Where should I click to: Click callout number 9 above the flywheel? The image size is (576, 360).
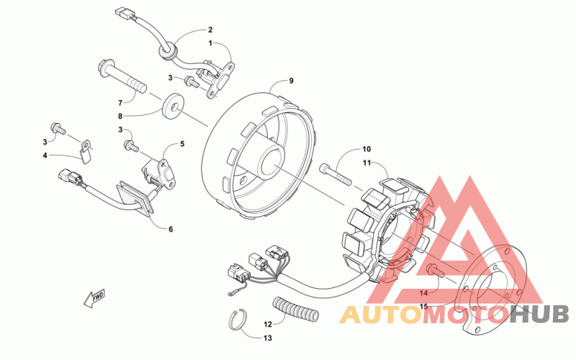coord(292,80)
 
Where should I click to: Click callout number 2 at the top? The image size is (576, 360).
coord(210,30)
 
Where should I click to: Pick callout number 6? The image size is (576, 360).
coord(171,230)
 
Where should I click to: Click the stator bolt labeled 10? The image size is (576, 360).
coord(330,174)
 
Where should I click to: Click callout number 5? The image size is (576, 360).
coord(182,144)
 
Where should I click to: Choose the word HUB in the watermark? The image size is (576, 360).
coord(539,314)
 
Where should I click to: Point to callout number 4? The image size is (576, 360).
coord(45,155)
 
